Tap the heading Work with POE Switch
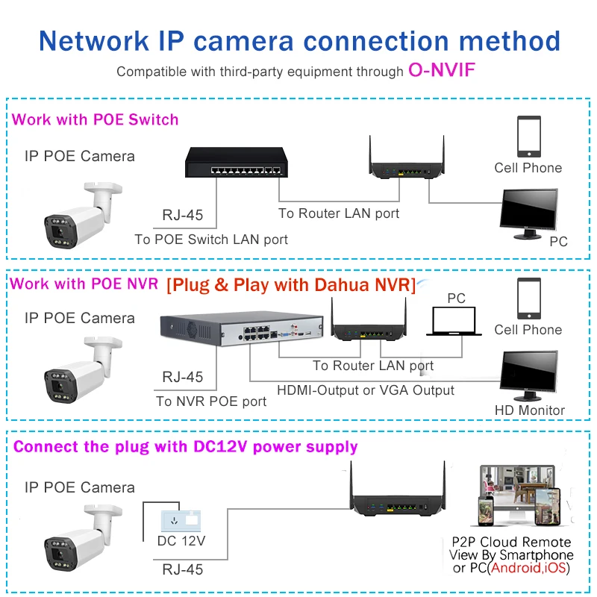click(96, 119)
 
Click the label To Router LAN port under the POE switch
click(339, 213)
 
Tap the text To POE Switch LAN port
click(211, 240)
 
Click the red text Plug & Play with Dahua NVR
click(290, 285)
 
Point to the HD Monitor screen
click(529, 373)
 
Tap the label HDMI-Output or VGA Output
click(366, 390)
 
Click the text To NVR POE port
click(211, 401)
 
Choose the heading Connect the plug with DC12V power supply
click(186, 447)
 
